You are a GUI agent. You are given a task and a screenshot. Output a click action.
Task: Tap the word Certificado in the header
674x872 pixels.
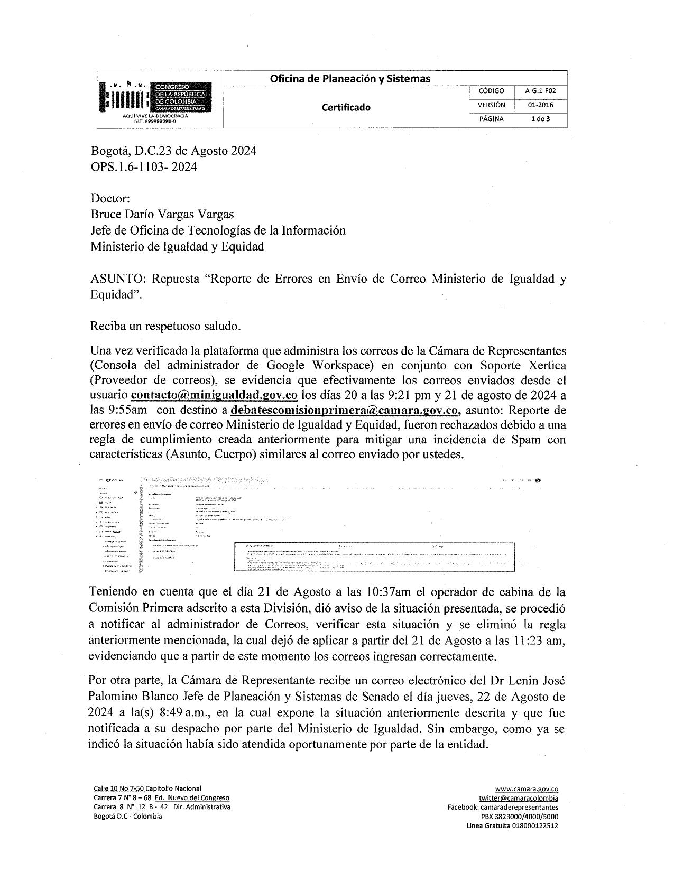pos(346,107)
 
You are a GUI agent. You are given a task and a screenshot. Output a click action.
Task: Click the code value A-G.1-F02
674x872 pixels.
pos(540,91)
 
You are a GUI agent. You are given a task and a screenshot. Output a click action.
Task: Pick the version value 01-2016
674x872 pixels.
pos(540,105)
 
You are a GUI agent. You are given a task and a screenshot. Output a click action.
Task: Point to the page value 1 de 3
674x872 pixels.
pos(540,119)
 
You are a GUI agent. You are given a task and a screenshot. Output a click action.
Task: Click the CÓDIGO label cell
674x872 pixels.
pos(491,91)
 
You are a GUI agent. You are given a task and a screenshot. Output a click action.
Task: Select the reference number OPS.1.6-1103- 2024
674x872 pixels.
pos(144,167)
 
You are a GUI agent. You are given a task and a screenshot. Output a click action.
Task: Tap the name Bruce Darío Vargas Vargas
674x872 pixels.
pos(162,214)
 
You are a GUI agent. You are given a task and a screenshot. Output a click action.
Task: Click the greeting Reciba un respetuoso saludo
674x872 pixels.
pos(166,326)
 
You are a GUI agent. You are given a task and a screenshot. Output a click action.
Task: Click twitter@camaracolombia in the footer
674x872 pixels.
pos(518,798)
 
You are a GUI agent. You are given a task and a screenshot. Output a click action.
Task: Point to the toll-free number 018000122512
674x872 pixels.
pos(534,826)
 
